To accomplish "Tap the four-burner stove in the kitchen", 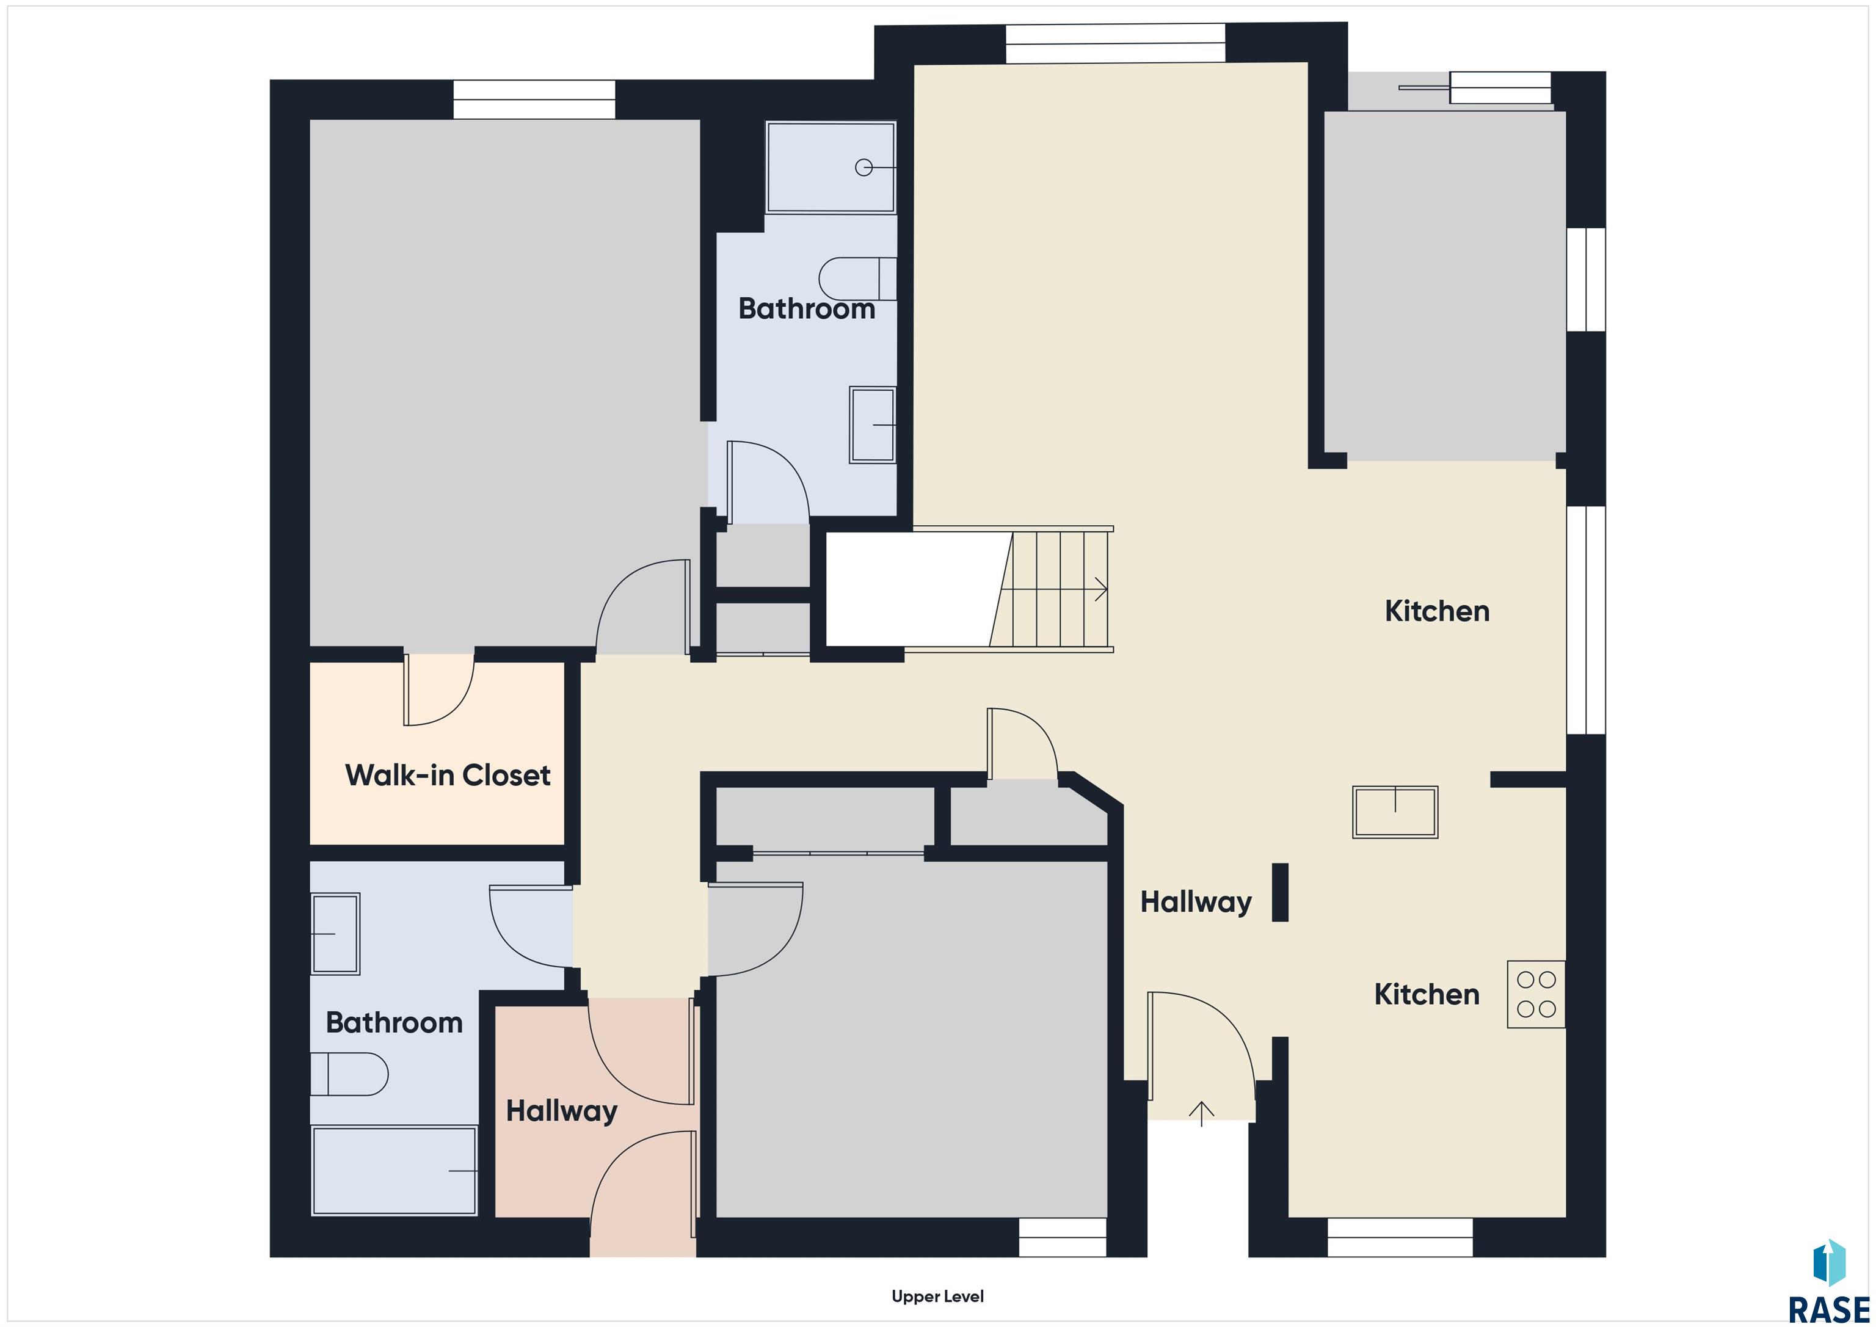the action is pyautogui.click(x=1536, y=994).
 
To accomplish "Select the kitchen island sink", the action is pyautogui.click(x=1395, y=812).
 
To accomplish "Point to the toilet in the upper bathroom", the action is pyautogui.click(x=857, y=278).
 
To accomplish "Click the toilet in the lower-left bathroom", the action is pyautogui.click(x=349, y=1074).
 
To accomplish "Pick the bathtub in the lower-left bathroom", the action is pyautogui.click(x=394, y=1171).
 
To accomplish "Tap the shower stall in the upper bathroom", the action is pyautogui.click(x=830, y=167).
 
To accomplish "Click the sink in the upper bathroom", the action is pyautogui.click(x=873, y=425).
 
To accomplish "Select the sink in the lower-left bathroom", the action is pyautogui.click(x=335, y=933).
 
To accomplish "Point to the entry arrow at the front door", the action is pyautogui.click(x=1201, y=1114).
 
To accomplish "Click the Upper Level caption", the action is pyautogui.click(x=937, y=1296).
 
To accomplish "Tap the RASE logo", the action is pyautogui.click(x=1828, y=1281).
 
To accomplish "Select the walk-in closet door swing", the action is pyautogui.click(x=438, y=691).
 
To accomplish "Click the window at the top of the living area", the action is pyautogui.click(x=1115, y=43).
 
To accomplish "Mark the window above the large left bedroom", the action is pyautogui.click(x=534, y=100).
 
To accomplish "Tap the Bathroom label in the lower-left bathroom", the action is pyautogui.click(x=394, y=1022).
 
